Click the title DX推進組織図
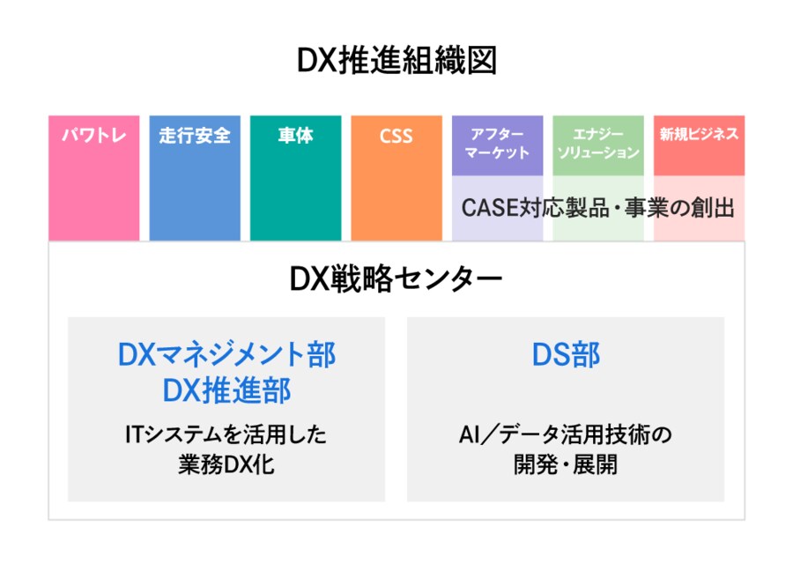pos(396,61)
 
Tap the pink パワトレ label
pos(93,136)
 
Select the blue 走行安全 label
pos(195,136)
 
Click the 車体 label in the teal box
pos(295,136)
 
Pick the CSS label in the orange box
pos(396,137)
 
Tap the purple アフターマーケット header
pos(497,144)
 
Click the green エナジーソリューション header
pos(598,144)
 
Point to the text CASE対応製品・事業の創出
pos(597,208)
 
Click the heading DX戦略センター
pos(396,279)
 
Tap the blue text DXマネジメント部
pos(226,354)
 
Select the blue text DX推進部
pos(226,390)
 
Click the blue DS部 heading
pos(566,354)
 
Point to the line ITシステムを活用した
pos(226,434)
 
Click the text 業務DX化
pos(226,464)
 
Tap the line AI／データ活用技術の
pos(566,434)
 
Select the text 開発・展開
pos(566,464)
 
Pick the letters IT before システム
pos(137,434)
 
